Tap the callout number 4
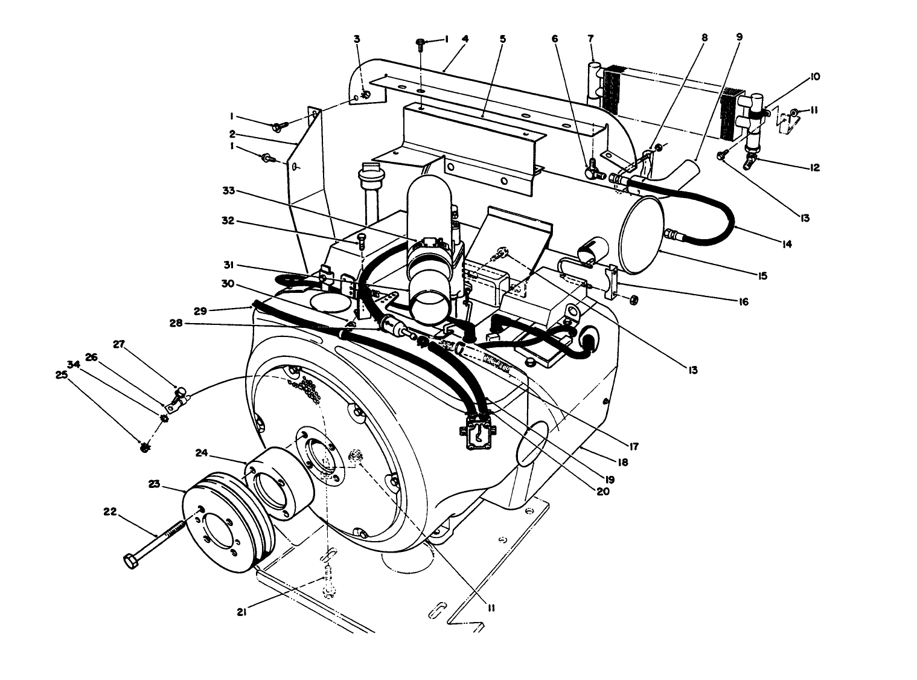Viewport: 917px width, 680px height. pos(465,39)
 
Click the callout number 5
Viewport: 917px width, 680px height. pos(502,39)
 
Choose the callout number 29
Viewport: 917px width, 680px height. pos(200,310)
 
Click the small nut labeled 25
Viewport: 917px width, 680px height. pos(144,447)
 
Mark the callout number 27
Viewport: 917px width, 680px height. pos(118,344)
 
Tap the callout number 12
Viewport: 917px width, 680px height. pos(815,168)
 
